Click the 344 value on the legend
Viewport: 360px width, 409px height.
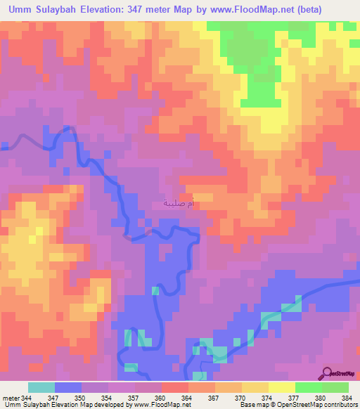pos(27,397)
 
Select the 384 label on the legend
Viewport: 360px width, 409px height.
pos(347,397)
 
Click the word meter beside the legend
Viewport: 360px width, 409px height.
pos(11,397)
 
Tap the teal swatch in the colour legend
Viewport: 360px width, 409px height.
pos(41,387)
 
